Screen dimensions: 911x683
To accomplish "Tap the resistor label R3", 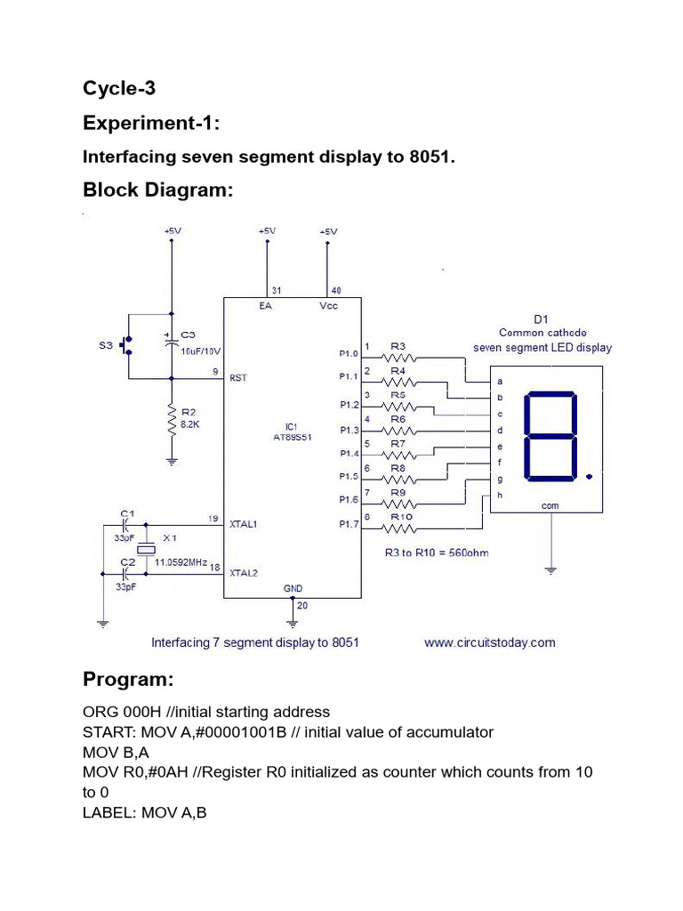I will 398,346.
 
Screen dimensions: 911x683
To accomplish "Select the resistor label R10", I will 400,516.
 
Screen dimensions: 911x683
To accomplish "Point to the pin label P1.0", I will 350,353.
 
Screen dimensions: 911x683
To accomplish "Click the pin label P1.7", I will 350,525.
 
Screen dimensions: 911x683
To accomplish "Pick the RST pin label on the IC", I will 238,377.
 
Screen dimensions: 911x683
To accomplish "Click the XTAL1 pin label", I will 244,526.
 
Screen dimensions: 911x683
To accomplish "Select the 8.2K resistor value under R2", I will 191,425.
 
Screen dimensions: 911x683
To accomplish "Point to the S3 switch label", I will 105,345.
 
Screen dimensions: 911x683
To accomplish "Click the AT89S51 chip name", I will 292,438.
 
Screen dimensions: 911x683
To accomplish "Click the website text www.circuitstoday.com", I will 489,642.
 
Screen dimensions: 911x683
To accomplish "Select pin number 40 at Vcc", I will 335,290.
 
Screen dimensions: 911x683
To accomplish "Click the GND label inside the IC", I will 293,589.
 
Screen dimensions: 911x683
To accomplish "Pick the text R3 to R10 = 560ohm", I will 436,552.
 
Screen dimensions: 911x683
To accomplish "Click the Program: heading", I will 128,680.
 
